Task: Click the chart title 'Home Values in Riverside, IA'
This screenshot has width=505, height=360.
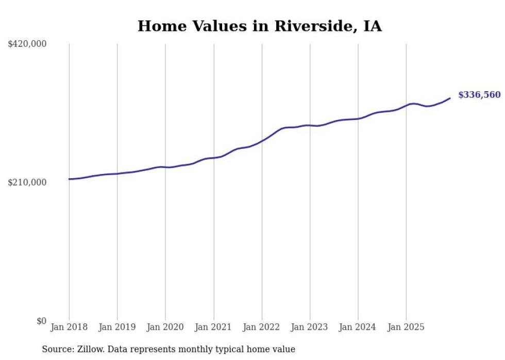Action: (260, 26)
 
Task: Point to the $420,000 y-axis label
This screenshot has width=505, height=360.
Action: (27, 44)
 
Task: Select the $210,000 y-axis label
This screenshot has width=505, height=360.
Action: (27, 182)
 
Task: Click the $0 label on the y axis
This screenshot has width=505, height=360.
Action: (41, 321)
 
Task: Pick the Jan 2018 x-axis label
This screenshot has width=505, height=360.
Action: (69, 328)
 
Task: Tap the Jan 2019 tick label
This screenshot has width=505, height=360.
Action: (117, 328)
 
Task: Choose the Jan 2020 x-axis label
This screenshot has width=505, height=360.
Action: (165, 328)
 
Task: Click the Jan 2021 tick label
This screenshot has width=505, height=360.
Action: (213, 328)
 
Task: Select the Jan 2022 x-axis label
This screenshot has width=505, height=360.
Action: (262, 328)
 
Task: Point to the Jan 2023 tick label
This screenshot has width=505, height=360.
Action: (310, 328)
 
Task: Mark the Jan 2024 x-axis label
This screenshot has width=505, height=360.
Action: (358, 328)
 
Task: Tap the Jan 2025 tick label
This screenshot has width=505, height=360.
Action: (406, 328)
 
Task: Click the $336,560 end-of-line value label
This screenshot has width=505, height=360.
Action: (479, 95)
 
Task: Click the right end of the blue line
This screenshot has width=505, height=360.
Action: (450, 98)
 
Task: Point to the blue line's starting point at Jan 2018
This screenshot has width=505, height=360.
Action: (69, 179)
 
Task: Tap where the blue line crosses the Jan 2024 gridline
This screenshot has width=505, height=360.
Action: (358, 118)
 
